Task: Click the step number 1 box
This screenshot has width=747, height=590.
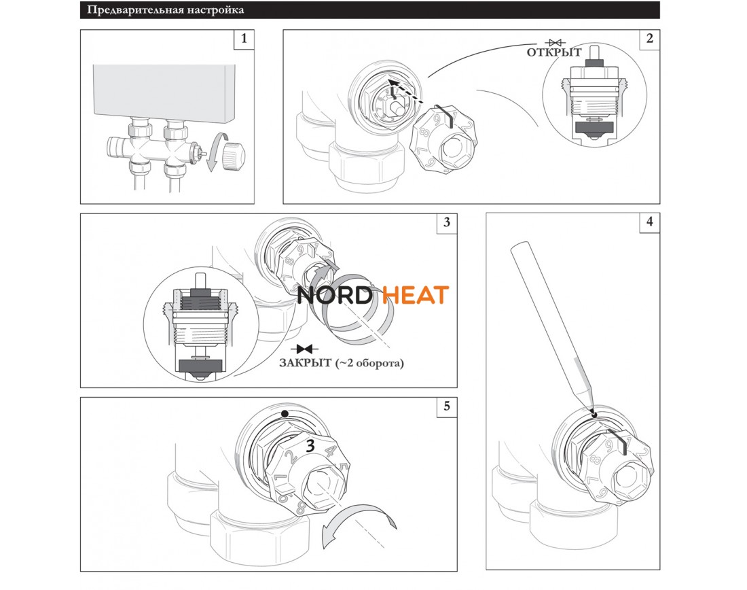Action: click(244, 39)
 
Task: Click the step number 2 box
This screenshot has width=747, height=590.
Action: click(649, 39)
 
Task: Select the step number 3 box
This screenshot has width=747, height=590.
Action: click(446, 223)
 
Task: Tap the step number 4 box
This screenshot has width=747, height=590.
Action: click(649, 222)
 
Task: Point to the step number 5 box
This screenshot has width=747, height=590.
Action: click(446, 406)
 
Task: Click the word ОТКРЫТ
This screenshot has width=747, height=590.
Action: click(554, 52)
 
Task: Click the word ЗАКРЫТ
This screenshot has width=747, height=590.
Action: click(305, 364)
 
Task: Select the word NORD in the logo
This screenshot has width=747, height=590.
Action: click(334, 295)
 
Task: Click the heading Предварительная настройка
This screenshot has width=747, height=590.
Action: click(165, 10)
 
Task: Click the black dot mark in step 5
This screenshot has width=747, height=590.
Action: click(285, 414)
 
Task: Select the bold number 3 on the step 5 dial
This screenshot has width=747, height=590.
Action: click(310, 446)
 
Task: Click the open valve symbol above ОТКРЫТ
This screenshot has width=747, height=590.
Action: click(555, 42)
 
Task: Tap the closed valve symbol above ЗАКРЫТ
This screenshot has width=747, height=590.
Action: click(304, 349)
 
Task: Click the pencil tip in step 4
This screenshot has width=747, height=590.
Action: click(594, 414)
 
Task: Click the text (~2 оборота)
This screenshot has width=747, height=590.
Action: click(369, 364)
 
